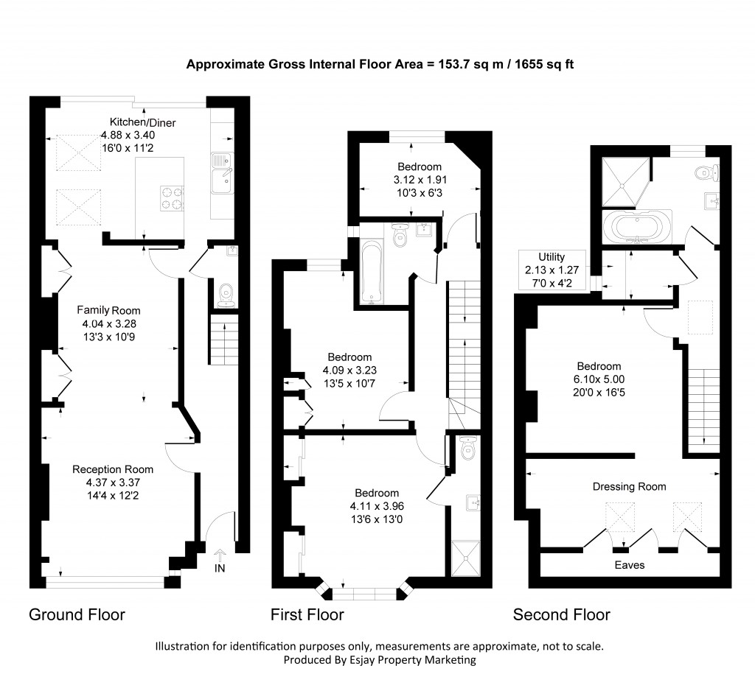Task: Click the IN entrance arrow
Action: (x=220, y=560)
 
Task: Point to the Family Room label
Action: (x=108, y=310)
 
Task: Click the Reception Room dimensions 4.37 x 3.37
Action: (x=113, y=483)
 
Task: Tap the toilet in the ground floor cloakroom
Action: (x=226, y=294)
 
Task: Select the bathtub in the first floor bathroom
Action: (x=369, y=272)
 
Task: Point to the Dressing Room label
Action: (x=629, y=486)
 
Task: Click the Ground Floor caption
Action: (x=77, y=614)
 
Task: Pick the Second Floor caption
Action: (x=561, y=614)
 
